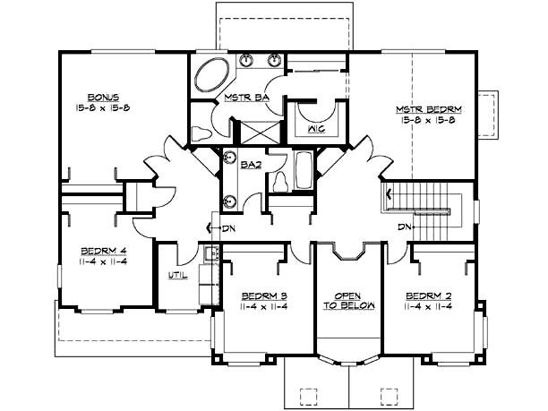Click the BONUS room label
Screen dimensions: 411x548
click(103, 96)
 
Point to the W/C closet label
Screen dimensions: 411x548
click(317, 128)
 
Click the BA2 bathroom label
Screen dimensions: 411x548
click(251, 164)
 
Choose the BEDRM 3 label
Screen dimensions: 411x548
click(263, 295)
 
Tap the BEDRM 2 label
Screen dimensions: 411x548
click(427, 295)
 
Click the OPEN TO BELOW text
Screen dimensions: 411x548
click(347, 300)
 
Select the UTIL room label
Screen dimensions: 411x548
click(179, 275)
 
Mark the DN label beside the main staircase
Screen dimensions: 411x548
click(407, 227)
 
